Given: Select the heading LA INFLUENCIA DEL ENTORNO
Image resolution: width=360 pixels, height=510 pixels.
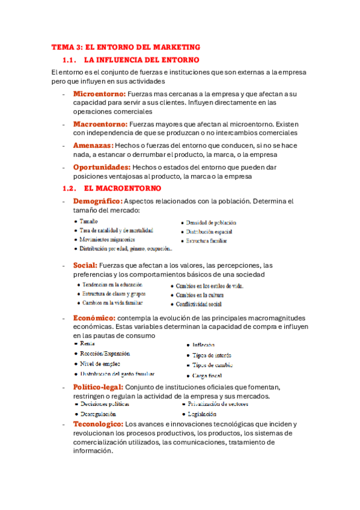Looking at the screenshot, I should [x=142, y=60].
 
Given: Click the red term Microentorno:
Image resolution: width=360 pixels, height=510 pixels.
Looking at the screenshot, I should [x=99, y=94].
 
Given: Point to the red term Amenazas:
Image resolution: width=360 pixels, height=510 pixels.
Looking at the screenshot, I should [x=93, y=146].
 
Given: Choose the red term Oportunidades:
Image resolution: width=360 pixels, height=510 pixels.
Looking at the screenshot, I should [x=102, y=167].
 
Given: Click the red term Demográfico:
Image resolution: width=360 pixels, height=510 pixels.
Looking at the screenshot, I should [x=97, y=201].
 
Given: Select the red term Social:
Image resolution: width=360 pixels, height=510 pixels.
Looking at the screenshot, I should [x=85, y=265].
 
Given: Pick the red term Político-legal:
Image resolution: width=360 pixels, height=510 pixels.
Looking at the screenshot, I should [x=99, y=386].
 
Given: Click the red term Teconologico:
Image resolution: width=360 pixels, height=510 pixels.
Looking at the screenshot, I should [x=98, y=424].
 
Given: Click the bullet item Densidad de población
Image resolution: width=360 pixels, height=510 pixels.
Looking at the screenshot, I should [x=211, y=223].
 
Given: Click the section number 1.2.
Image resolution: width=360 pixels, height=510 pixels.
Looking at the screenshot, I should [x=70, y=188].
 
